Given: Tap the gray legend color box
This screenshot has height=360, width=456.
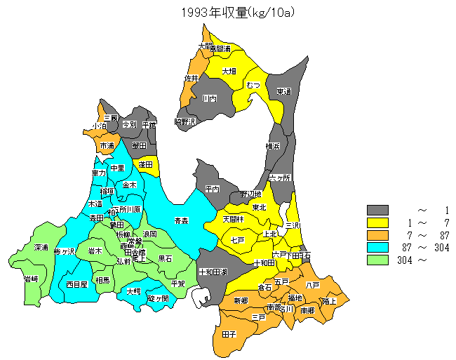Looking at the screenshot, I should [x=378, y=210].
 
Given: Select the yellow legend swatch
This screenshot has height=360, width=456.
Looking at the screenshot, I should [x=378, y=222].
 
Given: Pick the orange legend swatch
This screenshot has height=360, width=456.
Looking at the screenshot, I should [x=378, y=235].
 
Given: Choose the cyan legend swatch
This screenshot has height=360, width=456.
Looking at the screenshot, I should [x=378, y=247].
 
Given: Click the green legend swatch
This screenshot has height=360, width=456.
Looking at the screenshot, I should [x=378, y=260].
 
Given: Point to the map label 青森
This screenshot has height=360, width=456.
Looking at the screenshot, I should [x=181, y=220].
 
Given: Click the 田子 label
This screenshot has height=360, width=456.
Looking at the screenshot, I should [x=229, y=335].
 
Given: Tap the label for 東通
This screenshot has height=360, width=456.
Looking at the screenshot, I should [x=283, y=91].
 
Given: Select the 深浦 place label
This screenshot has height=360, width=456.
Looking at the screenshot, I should [x=41, y=248].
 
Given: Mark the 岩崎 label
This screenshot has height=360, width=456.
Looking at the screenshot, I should [x=31, y=279].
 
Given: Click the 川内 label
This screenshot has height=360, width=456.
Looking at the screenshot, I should [x=209, y=99].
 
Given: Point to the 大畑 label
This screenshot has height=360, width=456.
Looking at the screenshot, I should [x=229, y=71].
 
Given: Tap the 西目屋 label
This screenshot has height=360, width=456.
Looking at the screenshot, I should [x=76, y=284].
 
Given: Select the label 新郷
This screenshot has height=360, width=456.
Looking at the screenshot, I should [x=241, y=300].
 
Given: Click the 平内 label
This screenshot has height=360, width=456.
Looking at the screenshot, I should [x=212, y=189].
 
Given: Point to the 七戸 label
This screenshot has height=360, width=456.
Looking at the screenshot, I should [x=237, y=241].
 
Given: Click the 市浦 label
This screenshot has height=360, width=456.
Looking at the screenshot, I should [x=107, y=145].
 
